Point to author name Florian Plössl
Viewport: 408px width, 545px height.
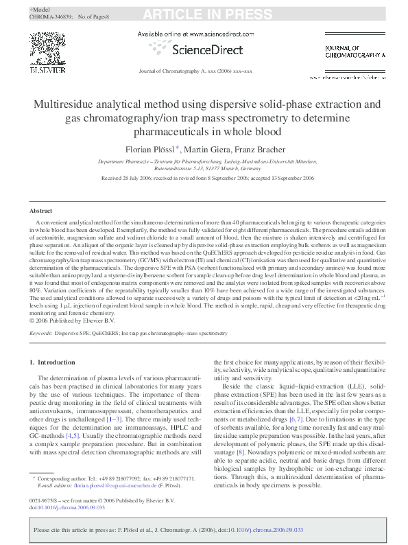point(149,149)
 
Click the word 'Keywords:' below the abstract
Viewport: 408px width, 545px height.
point(40,332)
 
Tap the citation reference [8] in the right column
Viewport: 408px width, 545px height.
point(239,432)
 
